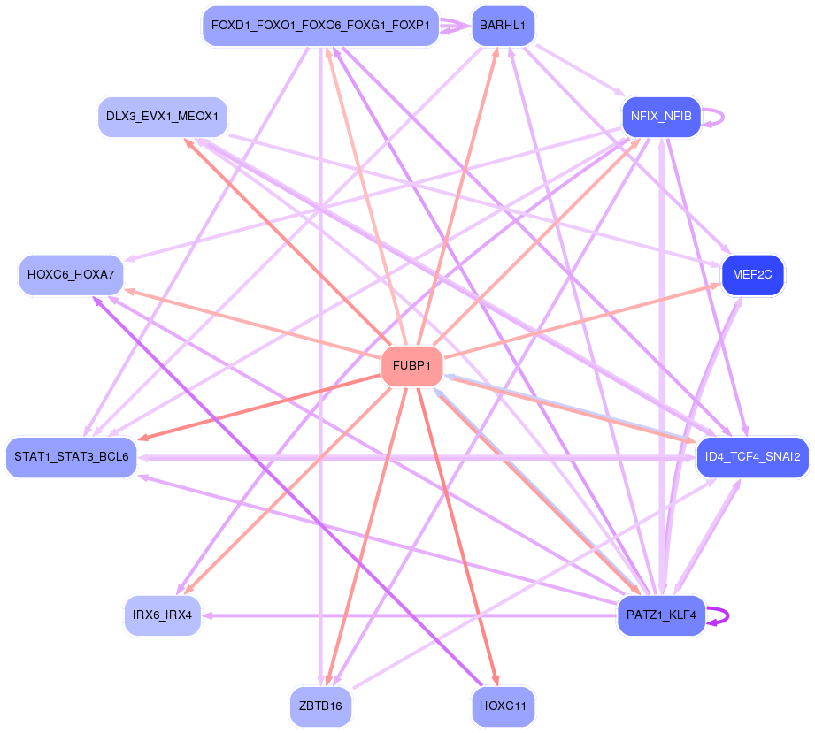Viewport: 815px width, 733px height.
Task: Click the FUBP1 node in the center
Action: (411, 365)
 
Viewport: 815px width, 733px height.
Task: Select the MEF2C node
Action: (753, 275)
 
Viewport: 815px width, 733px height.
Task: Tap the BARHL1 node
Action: (503, 26)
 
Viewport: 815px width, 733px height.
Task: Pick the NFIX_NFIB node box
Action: (661, 117)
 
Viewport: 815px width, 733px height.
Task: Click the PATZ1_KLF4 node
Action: (660, 615)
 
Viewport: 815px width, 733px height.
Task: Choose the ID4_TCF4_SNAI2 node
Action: (753, 457)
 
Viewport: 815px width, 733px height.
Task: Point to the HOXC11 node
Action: (503, 706)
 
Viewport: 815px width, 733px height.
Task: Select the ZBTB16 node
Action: (320, 706)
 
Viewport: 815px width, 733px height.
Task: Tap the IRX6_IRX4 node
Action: (163, 615)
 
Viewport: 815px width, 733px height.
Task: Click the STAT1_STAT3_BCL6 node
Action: (72, 457)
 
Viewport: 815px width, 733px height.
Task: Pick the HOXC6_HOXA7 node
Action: (71, 275)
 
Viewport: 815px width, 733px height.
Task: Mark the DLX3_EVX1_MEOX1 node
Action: (162, 117)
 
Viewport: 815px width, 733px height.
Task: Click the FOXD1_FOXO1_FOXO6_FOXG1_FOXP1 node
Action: (320, 26)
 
